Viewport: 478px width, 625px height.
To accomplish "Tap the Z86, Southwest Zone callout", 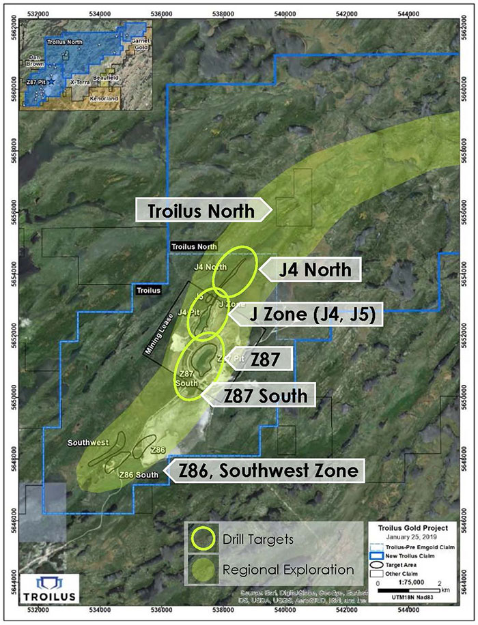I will click(268, 470).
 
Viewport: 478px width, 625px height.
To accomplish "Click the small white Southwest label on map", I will click(88, 443).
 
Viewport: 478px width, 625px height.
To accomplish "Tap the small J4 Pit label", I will click(187, 312).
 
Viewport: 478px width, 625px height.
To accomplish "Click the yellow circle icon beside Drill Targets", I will click(203, 539).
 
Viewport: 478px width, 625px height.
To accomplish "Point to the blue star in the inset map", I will click(51, 81).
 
